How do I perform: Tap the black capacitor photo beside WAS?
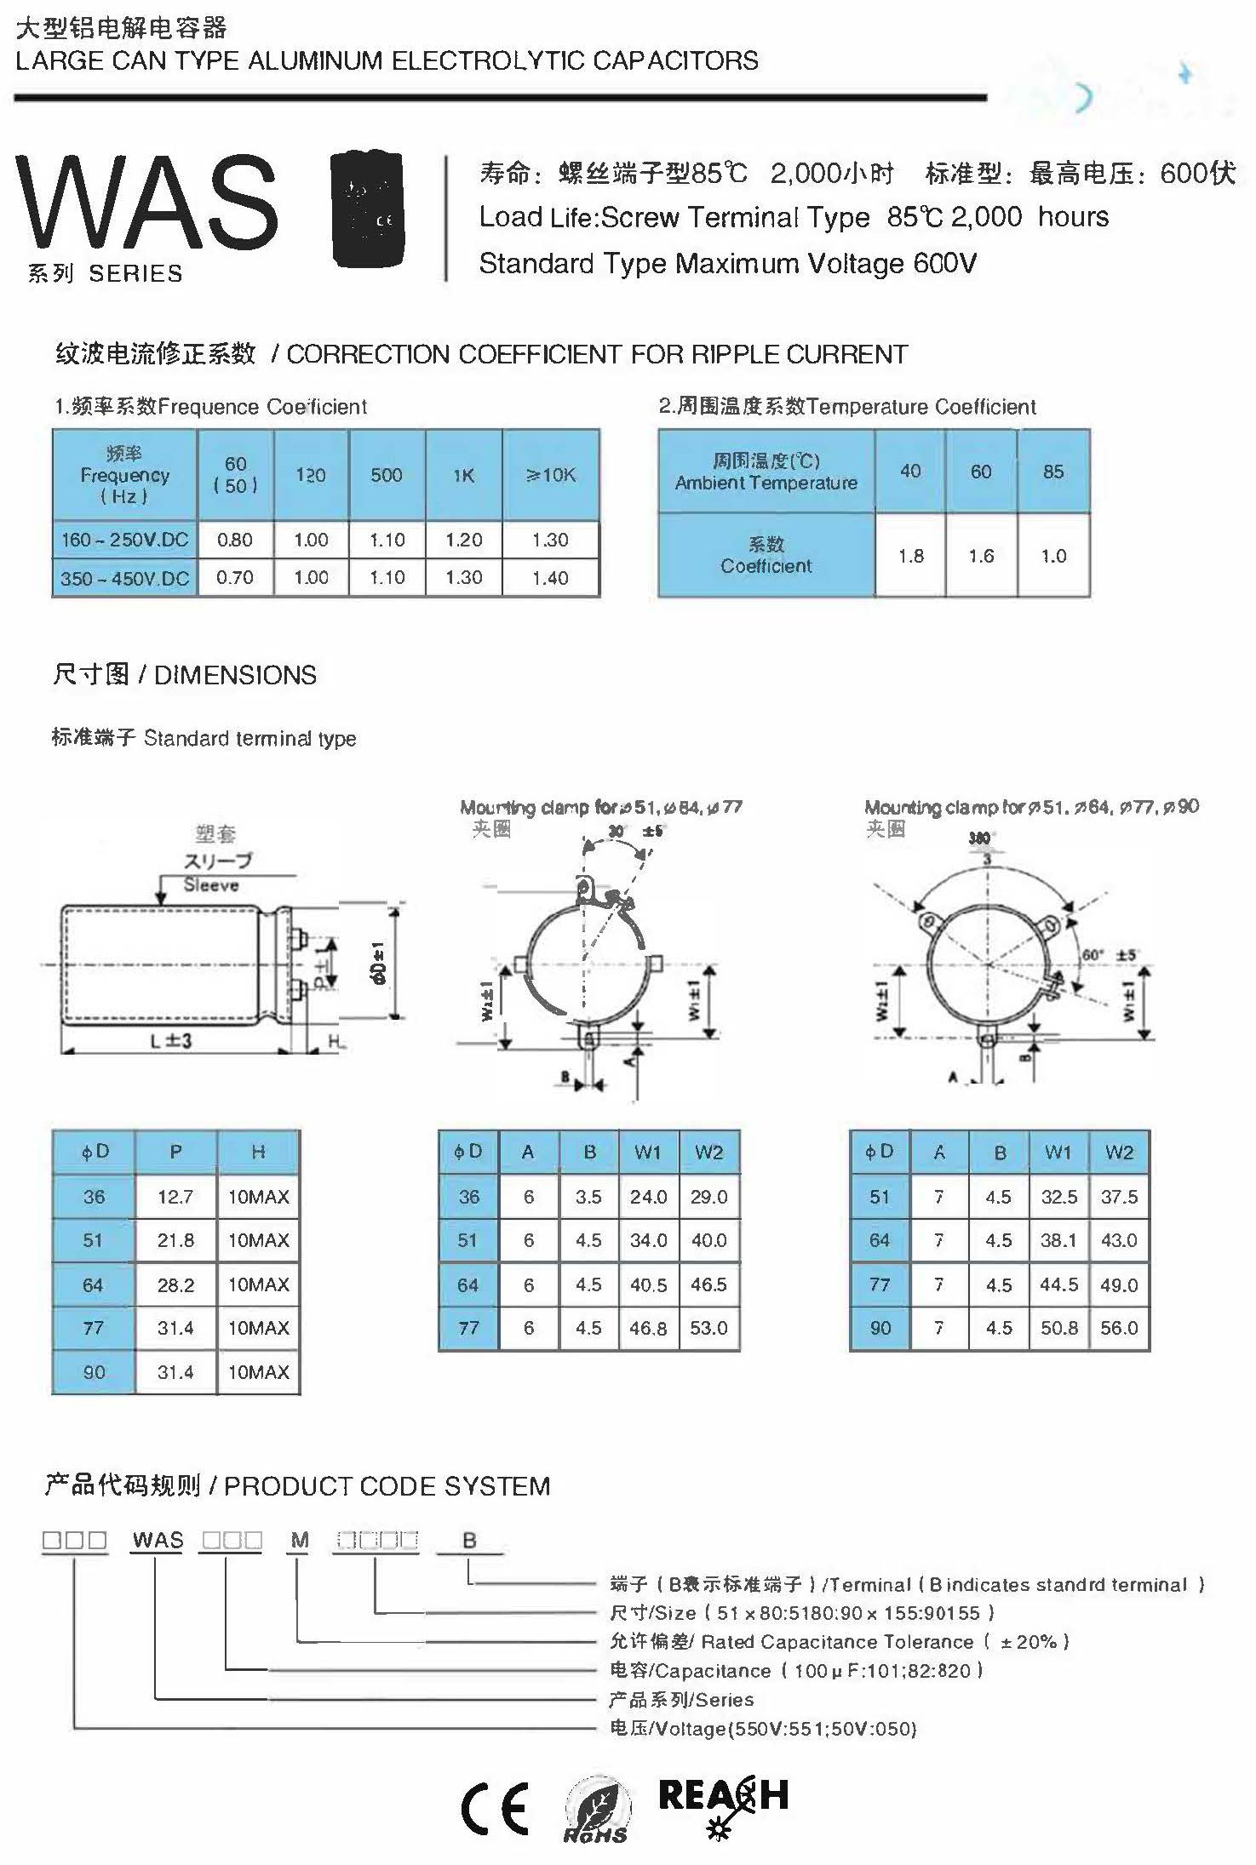point(366,208)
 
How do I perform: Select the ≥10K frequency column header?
point(551,475)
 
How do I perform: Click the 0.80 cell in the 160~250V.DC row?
point(235,540)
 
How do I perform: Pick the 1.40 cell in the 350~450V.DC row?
point(550,578)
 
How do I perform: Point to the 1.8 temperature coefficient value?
point(910,556)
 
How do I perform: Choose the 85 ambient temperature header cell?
point(1053,471)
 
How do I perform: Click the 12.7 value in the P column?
point(175,1197)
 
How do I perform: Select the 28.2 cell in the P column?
point(175,1284)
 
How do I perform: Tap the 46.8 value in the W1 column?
point(648,1328)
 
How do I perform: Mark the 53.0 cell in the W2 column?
point(709,1328)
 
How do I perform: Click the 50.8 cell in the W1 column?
point(1058,1328)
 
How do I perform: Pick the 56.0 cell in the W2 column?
point(1119,1328)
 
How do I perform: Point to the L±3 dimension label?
point(171,1040)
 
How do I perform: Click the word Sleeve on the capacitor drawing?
point(211,885)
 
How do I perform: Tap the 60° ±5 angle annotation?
point(1109,955)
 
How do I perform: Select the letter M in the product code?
point(300,1540)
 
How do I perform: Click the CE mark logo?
point(495,1809)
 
